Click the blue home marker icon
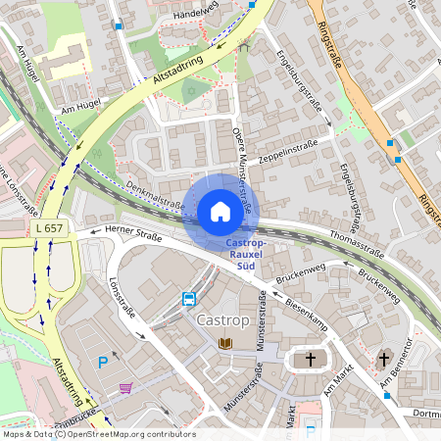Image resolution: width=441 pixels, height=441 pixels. tap(220, 212)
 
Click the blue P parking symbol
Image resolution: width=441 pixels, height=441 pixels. tap(103, 363)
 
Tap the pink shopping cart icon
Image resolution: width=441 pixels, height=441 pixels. tap(126, 388)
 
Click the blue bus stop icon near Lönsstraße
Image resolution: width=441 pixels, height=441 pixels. tap(188, 298)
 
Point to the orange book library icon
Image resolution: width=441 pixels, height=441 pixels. tap(225, 343)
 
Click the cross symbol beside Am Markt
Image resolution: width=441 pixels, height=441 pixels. tap(311, 360)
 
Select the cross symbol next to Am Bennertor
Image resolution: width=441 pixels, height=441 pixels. tap(385, 359)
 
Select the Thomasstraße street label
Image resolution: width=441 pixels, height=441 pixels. tap(357, 245)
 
